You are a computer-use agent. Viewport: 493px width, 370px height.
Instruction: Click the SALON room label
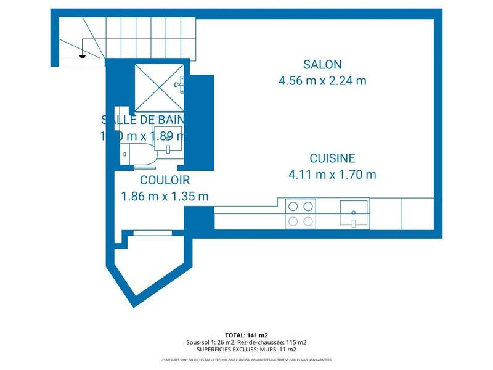point(322,64)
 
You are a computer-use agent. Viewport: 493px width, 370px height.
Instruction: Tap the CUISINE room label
point(332,158)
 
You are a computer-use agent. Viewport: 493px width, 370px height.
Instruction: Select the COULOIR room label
point(165,181)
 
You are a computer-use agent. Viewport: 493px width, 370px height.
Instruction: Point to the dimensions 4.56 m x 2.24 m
point(322,80)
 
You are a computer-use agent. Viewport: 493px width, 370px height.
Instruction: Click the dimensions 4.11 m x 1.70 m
point(332,175)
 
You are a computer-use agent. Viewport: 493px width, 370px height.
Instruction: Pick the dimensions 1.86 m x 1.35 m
point(165,197)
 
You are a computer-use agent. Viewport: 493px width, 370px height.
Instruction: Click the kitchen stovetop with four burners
point(301,213)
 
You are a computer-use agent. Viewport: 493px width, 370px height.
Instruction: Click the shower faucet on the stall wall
point(178,84)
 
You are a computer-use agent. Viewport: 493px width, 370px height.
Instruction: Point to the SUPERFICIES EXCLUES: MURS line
point(246,350)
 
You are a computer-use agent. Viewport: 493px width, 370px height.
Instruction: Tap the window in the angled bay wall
point(150,232)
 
